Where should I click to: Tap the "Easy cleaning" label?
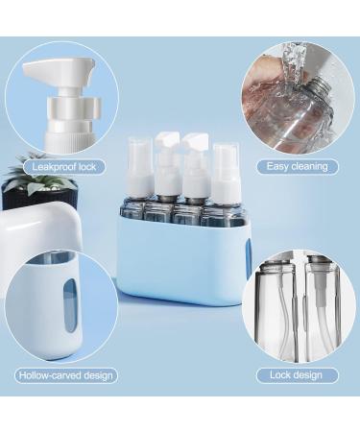[298, 166]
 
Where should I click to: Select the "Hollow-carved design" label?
[66, 375]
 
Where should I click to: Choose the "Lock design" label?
[298, 375]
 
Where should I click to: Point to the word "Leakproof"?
[50, 166]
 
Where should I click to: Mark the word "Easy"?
[278, 166]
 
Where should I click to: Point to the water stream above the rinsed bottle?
[293, 60]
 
